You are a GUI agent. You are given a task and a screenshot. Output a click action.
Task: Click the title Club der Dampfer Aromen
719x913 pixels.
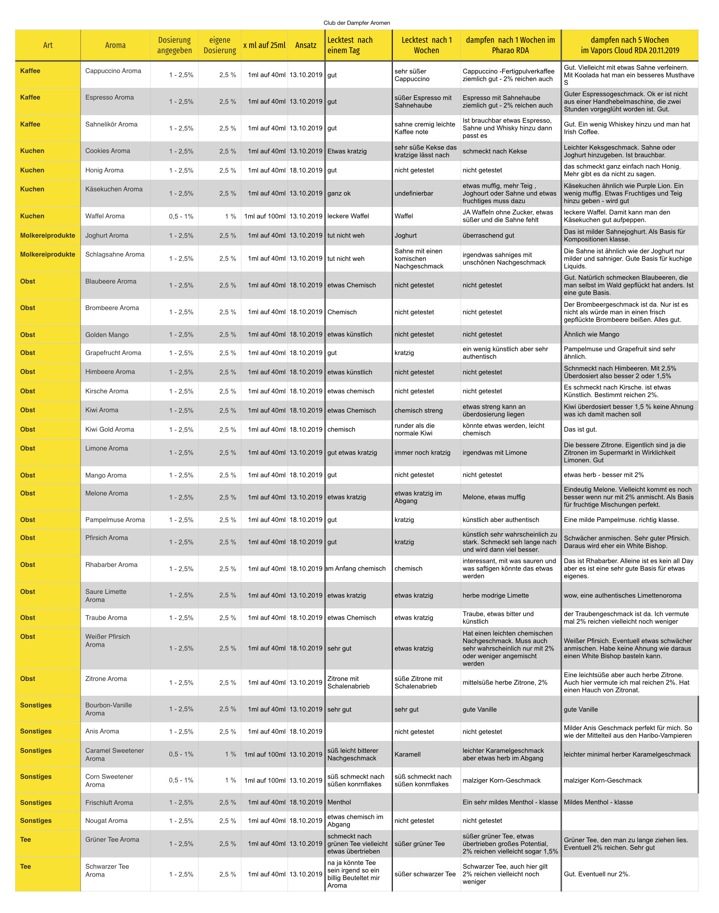pos(356,23)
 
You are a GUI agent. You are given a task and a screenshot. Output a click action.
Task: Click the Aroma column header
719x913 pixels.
pos(115,45)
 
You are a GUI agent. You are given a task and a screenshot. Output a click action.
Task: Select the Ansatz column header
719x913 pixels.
pos(305,45)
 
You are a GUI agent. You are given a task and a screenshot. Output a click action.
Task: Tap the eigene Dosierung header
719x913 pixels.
pos(220,45)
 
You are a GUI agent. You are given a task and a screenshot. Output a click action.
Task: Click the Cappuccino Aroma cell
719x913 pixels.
pos(113,71)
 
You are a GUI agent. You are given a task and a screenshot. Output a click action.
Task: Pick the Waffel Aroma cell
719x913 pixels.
pos(105,216)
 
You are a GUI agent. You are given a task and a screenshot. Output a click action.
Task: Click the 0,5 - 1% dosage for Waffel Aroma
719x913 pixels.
pos(181,216)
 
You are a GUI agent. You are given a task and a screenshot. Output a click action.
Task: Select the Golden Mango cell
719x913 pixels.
pos(107,335)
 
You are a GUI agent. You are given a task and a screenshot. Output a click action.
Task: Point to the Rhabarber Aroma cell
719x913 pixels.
pos(111,565)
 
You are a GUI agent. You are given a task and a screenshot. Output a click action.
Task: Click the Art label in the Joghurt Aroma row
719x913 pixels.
pos(48,235)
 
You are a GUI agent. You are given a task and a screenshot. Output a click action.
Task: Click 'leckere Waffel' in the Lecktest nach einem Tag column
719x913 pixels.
pos(348,216)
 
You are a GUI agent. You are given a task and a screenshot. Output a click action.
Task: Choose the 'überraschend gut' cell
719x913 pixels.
pos(488,235)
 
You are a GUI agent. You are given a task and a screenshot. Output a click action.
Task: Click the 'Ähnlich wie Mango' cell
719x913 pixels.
pos(592,334)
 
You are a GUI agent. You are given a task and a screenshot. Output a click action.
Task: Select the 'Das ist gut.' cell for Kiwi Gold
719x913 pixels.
pos(580,429)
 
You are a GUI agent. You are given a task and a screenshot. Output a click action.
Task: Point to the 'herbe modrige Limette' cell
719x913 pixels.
pos(495,595)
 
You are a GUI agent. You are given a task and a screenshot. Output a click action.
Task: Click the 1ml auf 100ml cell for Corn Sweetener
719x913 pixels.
pos(264,780)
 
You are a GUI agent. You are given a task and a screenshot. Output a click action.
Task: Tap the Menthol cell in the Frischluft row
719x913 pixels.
pos(339,802)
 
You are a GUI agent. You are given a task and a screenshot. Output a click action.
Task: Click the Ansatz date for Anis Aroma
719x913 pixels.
pos(305,732)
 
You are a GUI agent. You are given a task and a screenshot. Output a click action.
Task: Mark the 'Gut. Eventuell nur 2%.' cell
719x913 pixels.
pos(597,874)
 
